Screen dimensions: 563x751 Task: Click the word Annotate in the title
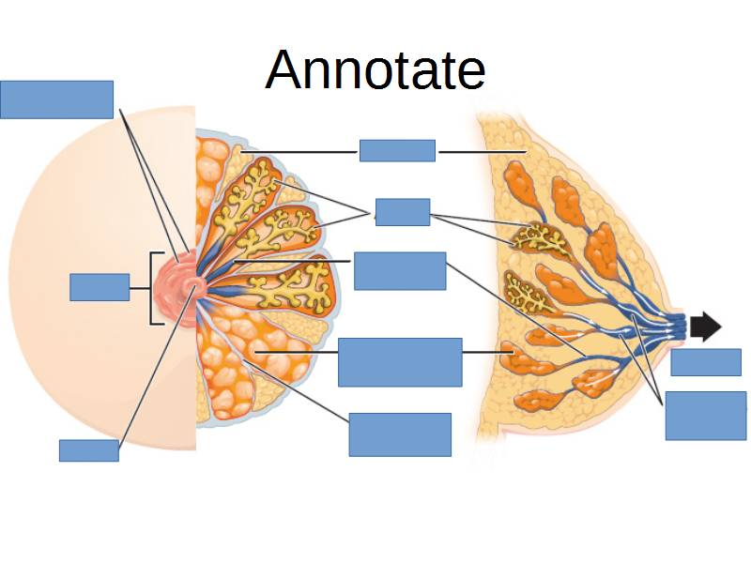coord(375,69)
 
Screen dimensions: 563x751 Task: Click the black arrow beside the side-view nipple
coord(705,327)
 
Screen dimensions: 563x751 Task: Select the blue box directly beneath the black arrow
coord(705,362)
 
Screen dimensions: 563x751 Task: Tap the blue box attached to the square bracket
coord(100,287)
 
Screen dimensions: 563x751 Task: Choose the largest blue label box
coord(400,362)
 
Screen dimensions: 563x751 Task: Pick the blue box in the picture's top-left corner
coord(56,99)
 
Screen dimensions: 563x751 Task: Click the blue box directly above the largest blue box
coord(400,271)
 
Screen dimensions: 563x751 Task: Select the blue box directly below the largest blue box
coord(400,434)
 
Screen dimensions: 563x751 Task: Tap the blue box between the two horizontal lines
coord(397,150)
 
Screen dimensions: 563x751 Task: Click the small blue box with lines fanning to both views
coord(402,212)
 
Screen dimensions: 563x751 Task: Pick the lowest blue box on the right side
coord(705,417)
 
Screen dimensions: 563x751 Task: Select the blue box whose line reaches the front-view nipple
coord(89,450)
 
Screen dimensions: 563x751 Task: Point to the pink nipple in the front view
coord(192,284)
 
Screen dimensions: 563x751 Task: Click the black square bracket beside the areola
coord(154,287)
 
